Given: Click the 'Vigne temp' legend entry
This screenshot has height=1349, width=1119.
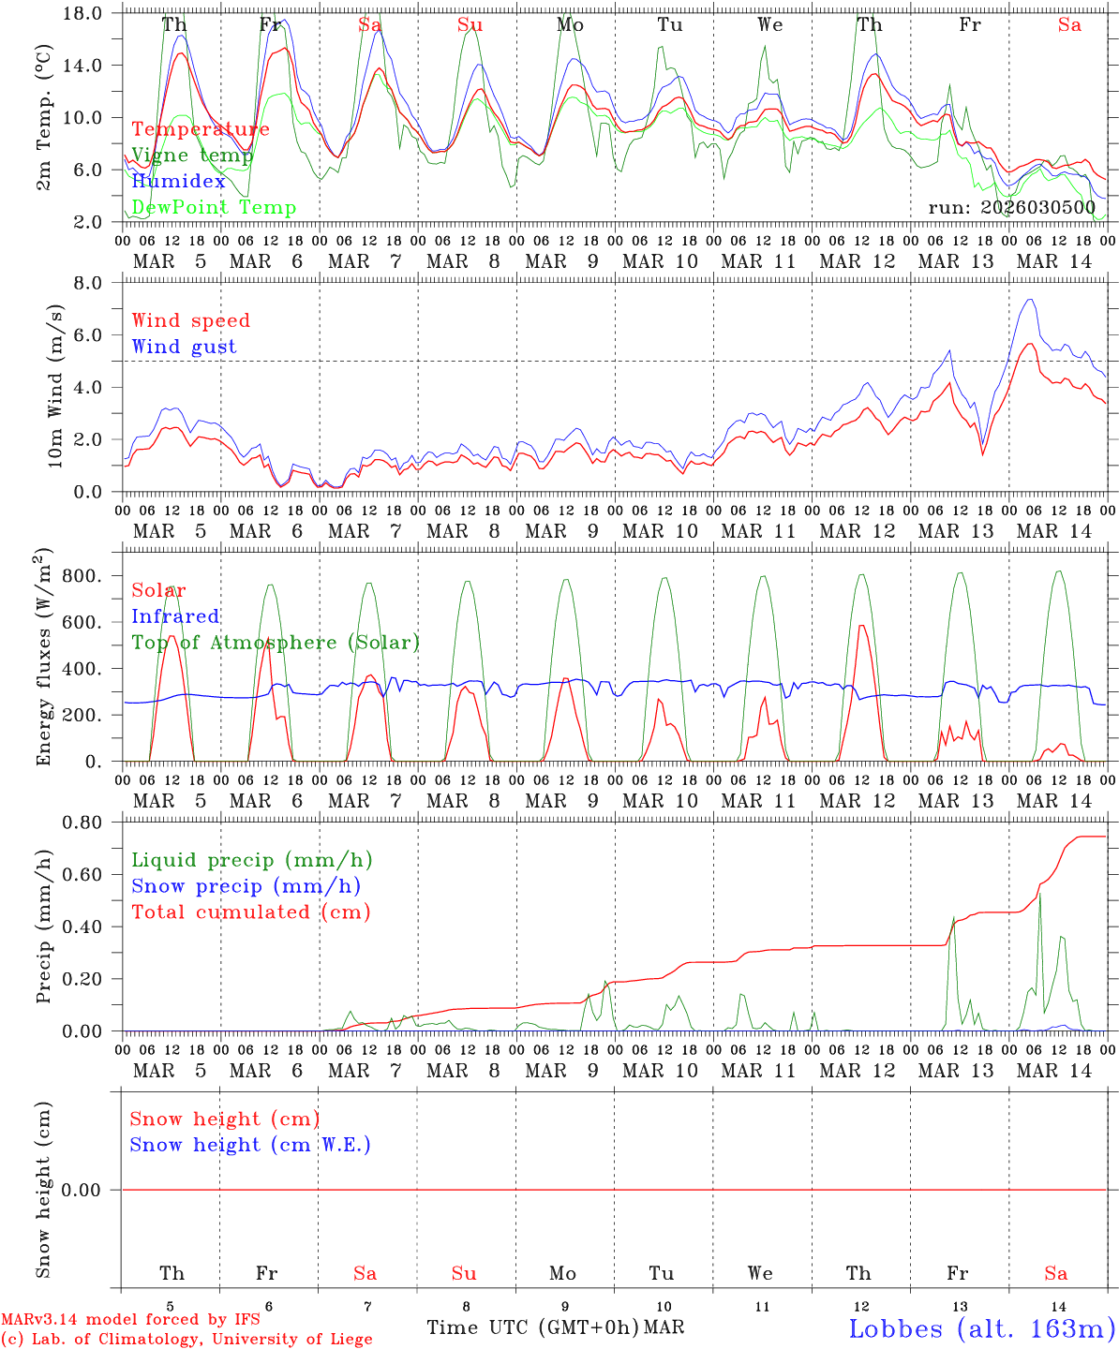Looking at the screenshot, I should point(192,156).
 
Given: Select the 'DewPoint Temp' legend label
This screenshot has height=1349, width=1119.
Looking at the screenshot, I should point(214,208).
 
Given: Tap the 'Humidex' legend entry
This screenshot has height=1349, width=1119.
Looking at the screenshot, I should point(178,182).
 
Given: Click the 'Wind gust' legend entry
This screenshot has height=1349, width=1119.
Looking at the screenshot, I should point(184,347).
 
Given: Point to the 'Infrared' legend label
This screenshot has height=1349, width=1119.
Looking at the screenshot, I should point(175,616).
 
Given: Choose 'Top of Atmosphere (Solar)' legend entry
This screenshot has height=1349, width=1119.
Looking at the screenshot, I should point(276,643).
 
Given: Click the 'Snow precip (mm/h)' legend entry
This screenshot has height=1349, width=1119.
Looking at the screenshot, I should point(246,886).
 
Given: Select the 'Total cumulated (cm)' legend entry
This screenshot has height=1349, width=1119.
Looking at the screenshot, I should point(251,912).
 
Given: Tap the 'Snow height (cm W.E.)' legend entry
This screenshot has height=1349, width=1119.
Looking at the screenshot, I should point(250,1145).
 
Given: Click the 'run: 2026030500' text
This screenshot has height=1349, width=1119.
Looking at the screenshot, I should point(1011,208).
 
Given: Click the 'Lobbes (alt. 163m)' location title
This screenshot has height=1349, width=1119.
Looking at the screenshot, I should point(981,1328).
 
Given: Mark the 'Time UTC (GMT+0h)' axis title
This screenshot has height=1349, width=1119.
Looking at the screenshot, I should point(533,1327).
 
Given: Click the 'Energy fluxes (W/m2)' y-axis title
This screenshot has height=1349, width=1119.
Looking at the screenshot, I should point(44,659).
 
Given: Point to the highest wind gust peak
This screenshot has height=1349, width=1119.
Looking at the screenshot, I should point(1031,300).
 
